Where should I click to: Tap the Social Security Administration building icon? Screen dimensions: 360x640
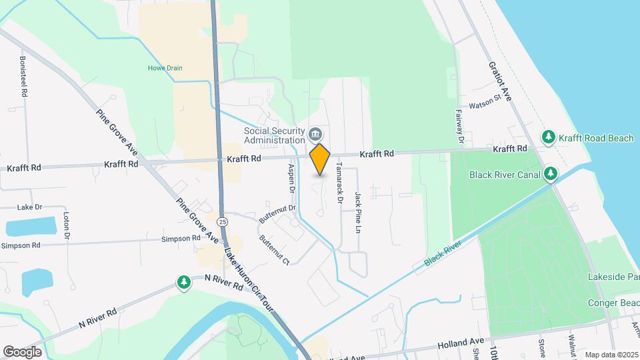pos(315,136)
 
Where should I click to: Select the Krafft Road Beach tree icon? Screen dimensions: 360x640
pos(549,137)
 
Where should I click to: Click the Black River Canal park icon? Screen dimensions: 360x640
pos(550,175)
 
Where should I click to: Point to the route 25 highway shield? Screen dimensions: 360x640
pos(222,221)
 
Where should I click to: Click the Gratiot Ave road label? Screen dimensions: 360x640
pos(500,82)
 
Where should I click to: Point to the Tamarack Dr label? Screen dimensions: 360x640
pos(339,182)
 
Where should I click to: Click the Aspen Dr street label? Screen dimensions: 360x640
pos(291,179)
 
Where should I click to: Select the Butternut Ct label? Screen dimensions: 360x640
pos(274,249)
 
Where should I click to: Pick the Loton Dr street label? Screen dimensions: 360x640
pos(67,226)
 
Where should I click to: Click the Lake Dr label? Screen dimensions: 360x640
pos(29,207)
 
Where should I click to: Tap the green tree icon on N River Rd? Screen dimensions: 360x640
pos(183,283)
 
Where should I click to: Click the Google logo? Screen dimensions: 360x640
pos(22,351)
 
